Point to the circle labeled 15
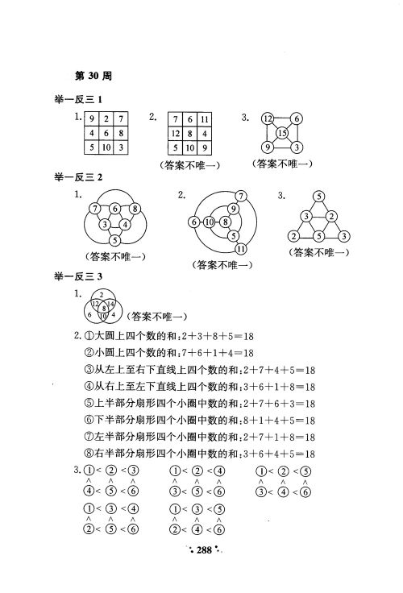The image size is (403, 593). (282, 133)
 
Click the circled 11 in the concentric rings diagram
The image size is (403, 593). (240, 249)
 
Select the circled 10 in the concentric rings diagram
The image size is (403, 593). (208, 222)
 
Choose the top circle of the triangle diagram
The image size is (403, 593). (319, 197)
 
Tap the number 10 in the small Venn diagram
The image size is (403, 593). (102, 316)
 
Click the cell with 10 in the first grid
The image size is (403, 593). (105, 148)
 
